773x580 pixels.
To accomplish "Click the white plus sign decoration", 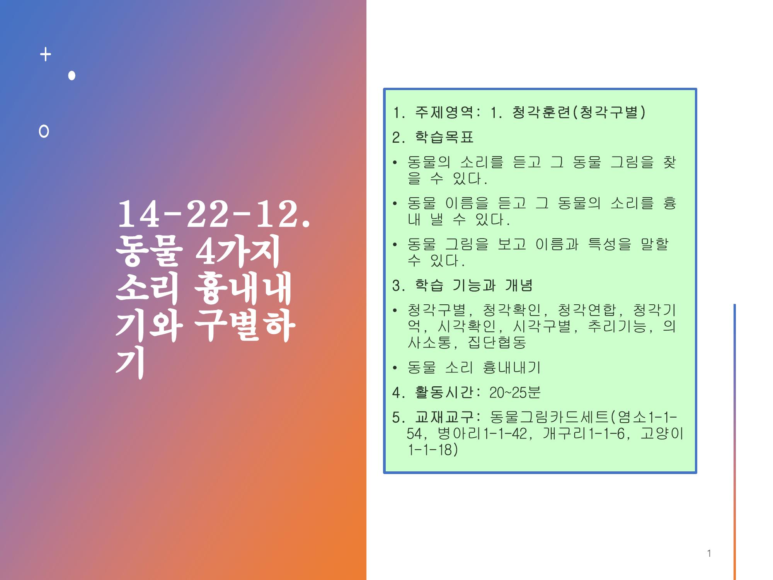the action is click(46, 55).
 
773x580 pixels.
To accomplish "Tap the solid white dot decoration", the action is click(72, 75).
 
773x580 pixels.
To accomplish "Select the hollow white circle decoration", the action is click(44, 131).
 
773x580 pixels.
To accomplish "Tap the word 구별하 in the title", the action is click(244, 326).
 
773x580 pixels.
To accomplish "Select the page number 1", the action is click(709, 553).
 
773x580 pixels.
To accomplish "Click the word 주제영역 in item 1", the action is click(444, 113).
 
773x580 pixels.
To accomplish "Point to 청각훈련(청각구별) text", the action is click(579, 113).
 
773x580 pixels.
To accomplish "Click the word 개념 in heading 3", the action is click(519, 285).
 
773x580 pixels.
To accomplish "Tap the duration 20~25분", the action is click(515, 392).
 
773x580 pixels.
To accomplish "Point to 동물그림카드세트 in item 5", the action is click(550, 417).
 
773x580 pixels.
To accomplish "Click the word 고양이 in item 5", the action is click(662, 433).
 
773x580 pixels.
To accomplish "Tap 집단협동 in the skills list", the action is click(497, 342).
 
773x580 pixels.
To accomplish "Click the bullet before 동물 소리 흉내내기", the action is click(395, 368).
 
